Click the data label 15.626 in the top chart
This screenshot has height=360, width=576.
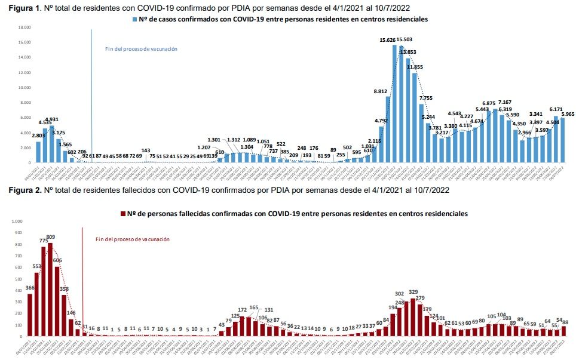pos(389,40)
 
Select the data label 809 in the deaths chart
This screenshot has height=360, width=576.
pos(50,237)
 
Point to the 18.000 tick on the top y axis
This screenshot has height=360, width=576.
pos(24,27)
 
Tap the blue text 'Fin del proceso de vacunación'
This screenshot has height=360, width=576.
pos(141,49)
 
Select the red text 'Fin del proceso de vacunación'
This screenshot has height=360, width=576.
pos(133,239)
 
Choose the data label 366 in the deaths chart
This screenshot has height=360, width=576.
pos(30,288)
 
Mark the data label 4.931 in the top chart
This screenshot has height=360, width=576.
pos(52,119)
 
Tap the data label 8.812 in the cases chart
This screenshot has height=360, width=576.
pos(381,91)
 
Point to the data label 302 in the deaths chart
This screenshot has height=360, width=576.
pos(400,294)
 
